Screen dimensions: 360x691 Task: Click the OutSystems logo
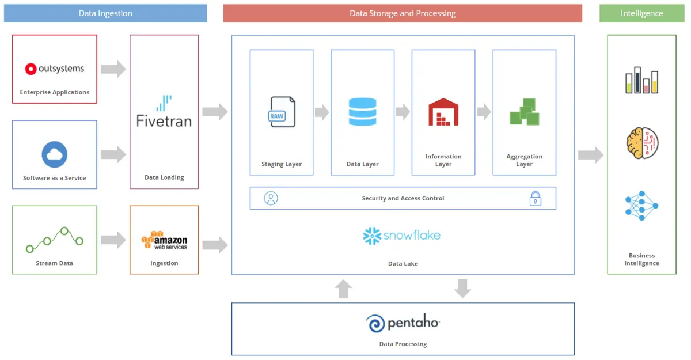(55, 69)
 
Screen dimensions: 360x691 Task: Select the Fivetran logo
(164, 112)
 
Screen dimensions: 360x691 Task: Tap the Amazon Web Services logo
(164, 240)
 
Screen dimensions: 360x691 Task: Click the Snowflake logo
(402, 236)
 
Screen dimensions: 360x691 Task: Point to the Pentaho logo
(403, 323)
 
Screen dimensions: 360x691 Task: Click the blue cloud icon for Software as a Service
(55, 154)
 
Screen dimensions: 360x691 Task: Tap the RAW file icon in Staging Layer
(282, 112)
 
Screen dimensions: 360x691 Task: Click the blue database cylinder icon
(362, 112)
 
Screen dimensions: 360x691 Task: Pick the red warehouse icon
(443, 112)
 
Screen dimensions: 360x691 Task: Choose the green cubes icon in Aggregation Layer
(524, 112)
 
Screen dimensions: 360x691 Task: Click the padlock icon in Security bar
(536, 199)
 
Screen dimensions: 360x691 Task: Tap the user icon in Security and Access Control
(271, 199)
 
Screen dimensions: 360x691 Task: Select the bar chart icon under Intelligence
(641, 81)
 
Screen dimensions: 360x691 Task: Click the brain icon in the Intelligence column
(641, 143)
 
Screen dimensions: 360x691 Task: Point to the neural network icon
(641, 206)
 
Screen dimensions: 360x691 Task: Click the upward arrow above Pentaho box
(343, 289)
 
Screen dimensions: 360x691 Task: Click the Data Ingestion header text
(105, 13)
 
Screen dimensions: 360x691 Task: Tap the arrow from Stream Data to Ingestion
(113, 240)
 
